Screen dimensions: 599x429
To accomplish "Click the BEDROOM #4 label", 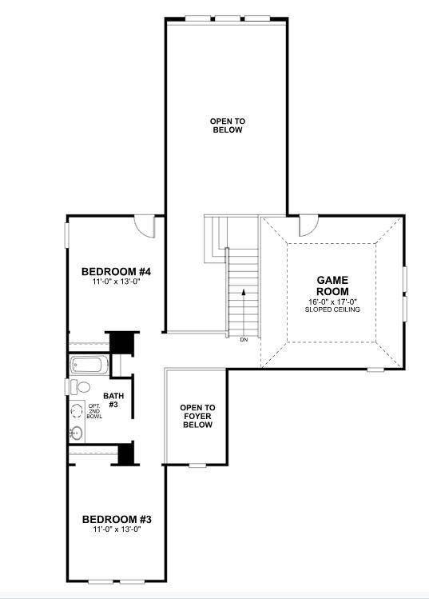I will click(x=117, y=272).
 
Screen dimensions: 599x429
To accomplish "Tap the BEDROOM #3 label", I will click(x=117, y=519).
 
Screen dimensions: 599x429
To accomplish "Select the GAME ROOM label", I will click(x=332, y=286).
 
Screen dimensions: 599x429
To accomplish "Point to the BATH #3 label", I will click(x=111, y=400).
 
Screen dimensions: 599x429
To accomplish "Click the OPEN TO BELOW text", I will click(x=227, y=126).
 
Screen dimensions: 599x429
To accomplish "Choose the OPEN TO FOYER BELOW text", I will click(x=197, y=416).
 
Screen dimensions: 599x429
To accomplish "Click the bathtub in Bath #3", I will click(x=89, y=366).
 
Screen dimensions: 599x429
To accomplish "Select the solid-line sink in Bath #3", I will click(x=77, y=434).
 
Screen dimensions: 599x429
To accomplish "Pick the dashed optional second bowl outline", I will click(x=77, y=411).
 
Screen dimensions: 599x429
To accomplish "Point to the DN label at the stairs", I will click(x=244, y=340).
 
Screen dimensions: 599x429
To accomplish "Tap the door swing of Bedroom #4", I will click(x=144, y=226).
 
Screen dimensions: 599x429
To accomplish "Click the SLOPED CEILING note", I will click(x=332, y=309).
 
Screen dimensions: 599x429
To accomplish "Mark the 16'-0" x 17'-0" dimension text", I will click(x=332, y=301).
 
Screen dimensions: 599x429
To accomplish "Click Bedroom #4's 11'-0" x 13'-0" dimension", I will click(x=117, y=282).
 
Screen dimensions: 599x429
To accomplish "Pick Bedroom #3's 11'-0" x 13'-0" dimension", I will click(x=117, y=529).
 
